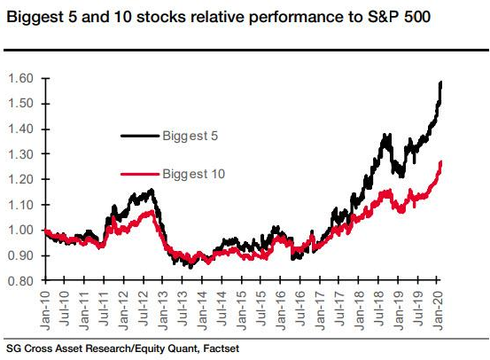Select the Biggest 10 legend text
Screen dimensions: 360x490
coord(193,175)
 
